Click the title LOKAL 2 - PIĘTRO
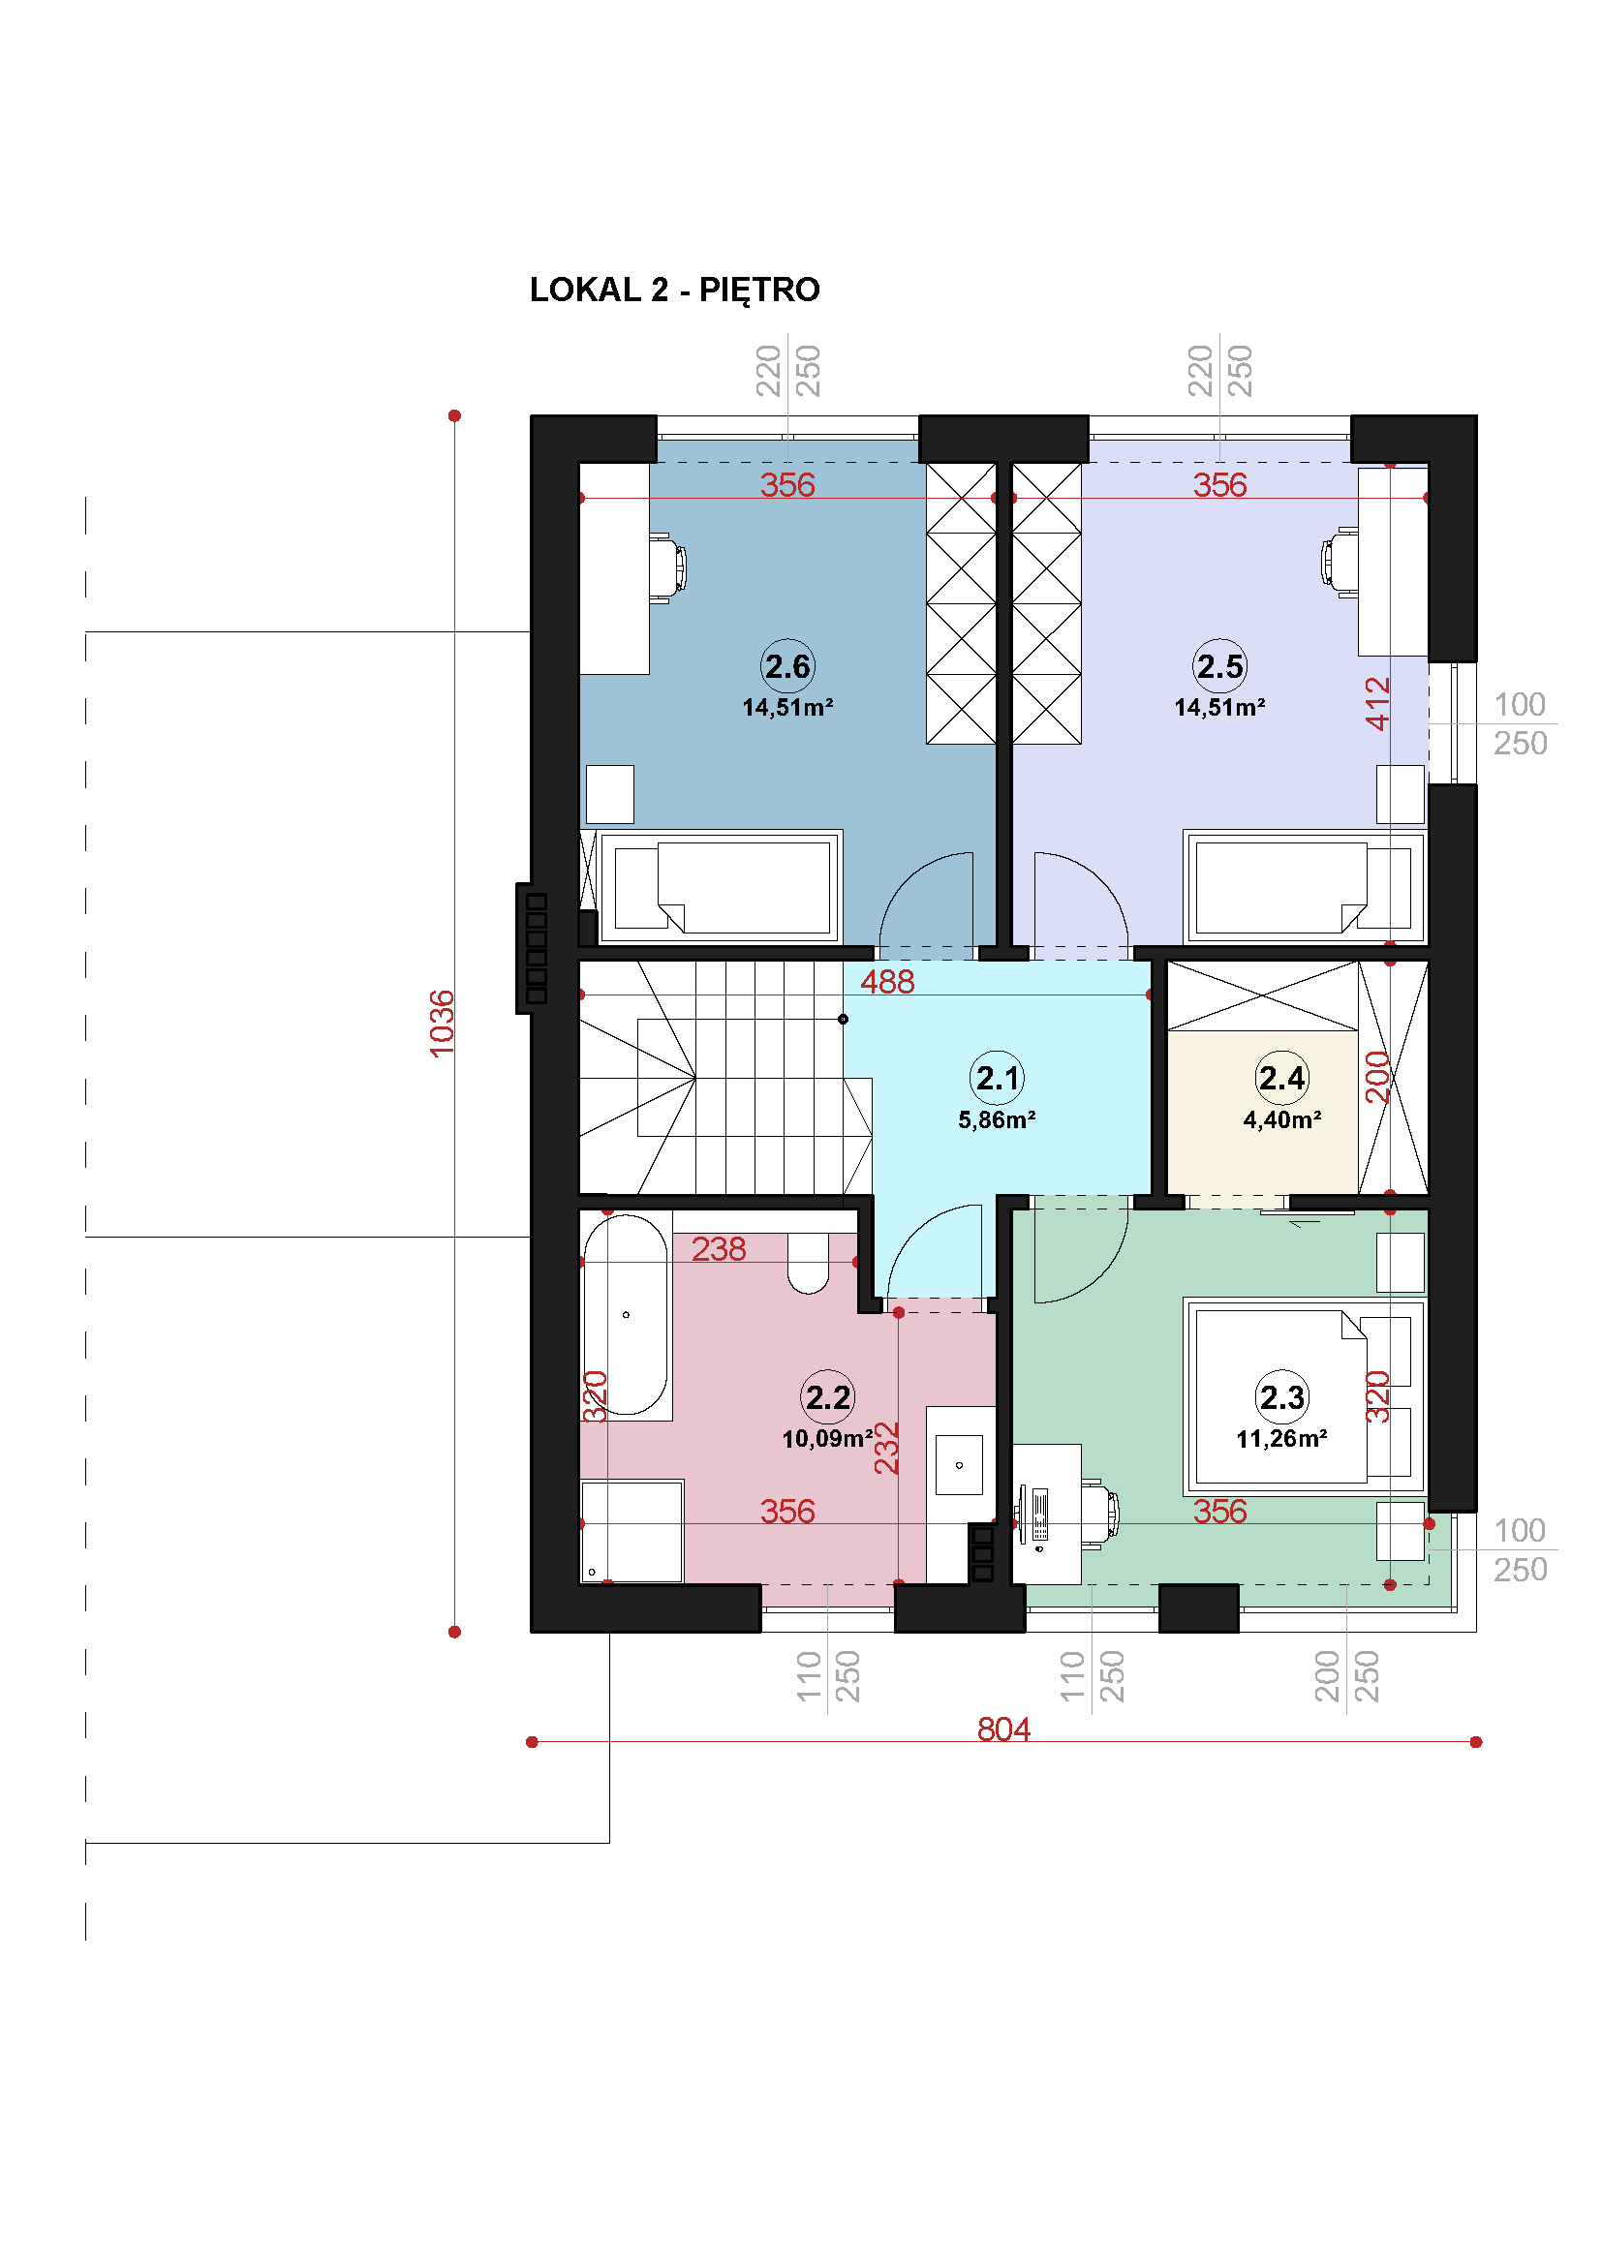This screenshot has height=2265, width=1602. coord(675,291)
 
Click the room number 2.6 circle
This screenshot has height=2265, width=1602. coord(787,666)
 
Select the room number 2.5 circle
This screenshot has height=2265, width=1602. coord(1219,666)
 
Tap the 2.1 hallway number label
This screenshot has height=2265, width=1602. coord(998,1077)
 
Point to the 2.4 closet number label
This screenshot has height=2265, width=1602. coord(1281,1077)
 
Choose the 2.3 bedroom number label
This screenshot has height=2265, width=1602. coord(1281,1397)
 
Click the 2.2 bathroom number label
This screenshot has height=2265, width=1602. coord(827,1397)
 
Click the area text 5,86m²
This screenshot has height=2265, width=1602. coord(998,1119)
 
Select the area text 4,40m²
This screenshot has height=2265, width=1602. coord(1282,1119)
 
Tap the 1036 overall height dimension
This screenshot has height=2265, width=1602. coord(442,1023)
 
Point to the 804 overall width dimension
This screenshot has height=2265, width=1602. coord(1003,1729)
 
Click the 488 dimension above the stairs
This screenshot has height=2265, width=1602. coord(887,982)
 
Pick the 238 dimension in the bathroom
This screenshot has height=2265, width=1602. coord(718,1249)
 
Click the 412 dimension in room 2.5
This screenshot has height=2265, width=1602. coord(1377,703)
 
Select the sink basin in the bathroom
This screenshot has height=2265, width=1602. coord(959,1465)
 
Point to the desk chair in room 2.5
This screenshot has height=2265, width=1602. coord(1340,562)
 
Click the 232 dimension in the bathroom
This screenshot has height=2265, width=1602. coord(887,1448)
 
